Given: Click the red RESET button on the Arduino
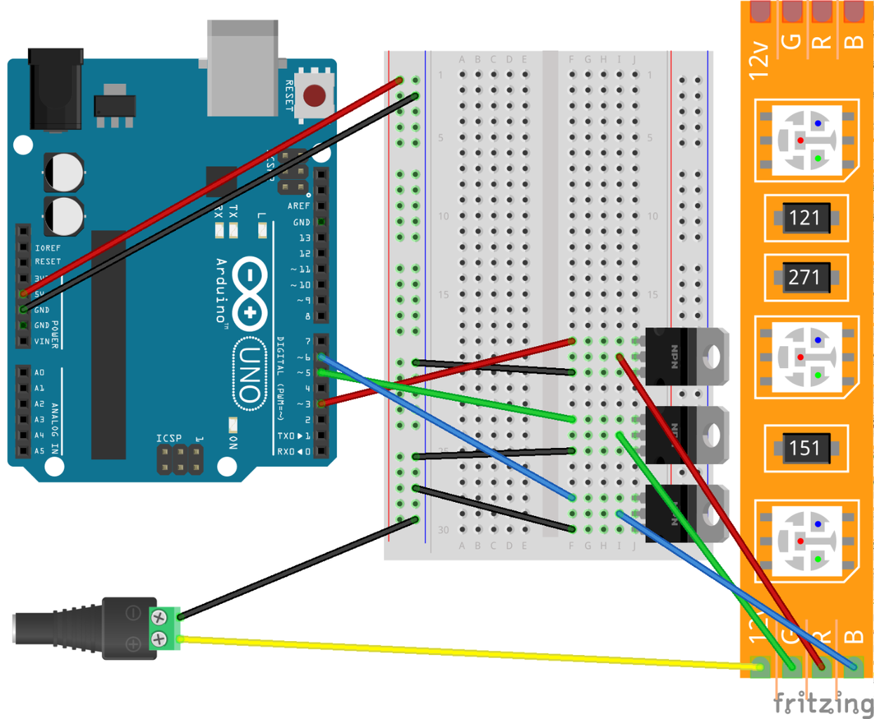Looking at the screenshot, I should click(314, 95).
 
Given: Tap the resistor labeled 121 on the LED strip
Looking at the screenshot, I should click(805, 218).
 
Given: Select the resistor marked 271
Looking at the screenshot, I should click(805, 277).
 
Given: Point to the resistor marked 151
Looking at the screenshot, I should click(805, 448).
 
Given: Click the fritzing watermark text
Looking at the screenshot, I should click(823, 703).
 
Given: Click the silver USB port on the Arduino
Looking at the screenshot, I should click(243, 69).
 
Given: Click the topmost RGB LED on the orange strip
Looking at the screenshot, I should click(807, 141).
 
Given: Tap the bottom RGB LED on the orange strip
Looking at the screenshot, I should click(807, 541).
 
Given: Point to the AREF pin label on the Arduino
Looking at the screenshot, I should click(298, 206).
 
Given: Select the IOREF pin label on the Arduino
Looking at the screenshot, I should click(48, 248).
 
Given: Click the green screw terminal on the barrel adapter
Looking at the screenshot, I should click(164, 628).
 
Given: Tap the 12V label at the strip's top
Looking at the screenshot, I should click(758, 59).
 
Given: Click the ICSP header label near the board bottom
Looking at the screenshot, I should click(168, 439).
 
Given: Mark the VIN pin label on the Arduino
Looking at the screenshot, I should click(42, 341).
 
